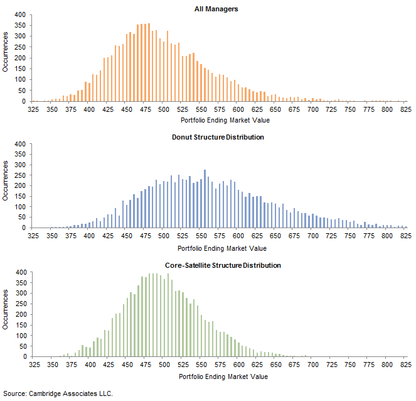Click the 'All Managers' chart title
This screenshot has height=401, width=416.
[216, 9]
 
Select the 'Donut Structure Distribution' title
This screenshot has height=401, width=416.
[218, 137]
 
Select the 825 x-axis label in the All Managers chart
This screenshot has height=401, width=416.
[405, 109]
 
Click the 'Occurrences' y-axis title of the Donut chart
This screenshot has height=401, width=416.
[6, 186]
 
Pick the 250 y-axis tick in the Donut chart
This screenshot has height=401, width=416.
[19, 175]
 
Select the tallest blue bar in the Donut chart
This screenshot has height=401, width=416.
[205, 199]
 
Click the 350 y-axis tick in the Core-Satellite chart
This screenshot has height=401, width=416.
[19, 283]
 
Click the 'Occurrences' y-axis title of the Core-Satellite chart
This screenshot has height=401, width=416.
[6, 314]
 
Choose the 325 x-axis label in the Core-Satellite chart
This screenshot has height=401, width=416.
[35, 365]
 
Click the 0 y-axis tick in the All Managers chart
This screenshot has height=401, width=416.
[24, 101]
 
